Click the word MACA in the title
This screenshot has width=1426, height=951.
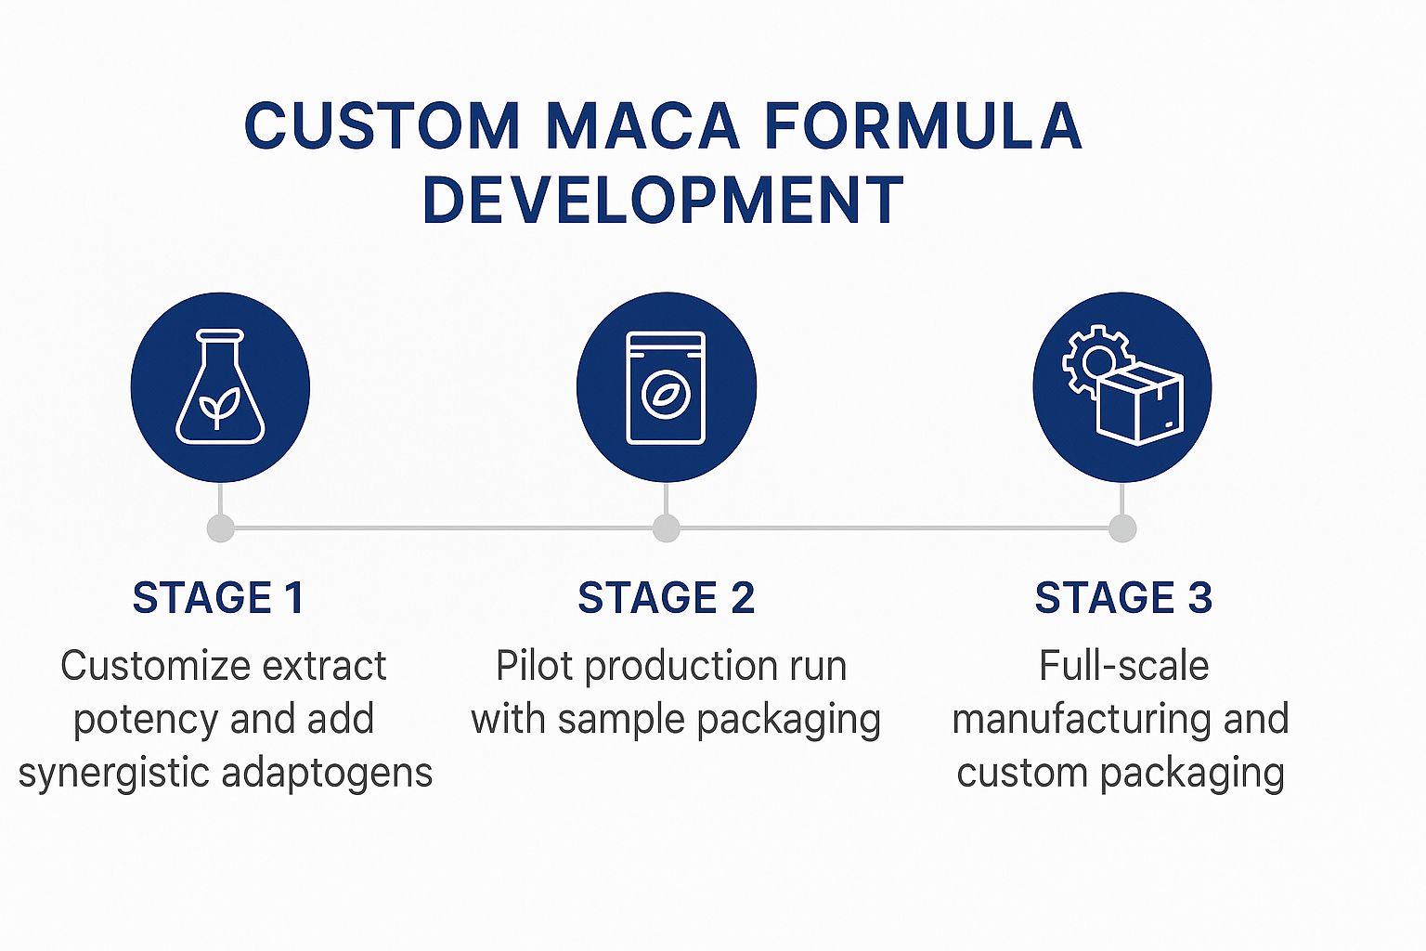point(642,126)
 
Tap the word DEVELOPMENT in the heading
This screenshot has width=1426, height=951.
point(663,201)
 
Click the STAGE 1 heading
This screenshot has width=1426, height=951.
point(219,598)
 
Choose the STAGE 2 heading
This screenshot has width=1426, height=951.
point(667,598)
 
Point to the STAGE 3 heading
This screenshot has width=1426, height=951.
point(1123,598)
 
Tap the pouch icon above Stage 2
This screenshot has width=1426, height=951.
point(667,387)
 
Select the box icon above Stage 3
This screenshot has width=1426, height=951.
point(1140,405)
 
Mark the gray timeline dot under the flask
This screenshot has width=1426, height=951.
point(220,528)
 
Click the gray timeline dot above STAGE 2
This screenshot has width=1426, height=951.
point(667,528)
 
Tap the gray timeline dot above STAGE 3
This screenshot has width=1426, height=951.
point(1122,528)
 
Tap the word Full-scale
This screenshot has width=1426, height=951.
point(1123,666)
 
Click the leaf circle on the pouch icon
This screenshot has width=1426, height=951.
point(666,395)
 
